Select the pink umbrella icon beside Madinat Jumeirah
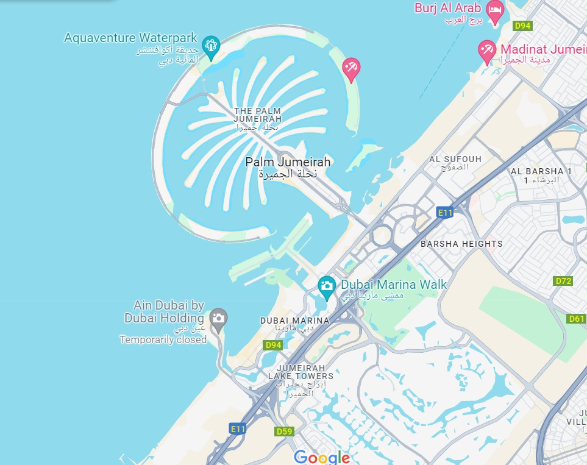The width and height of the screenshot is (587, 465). (x=487, y=51)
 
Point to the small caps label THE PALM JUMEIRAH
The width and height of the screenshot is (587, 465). (x=258, y=115)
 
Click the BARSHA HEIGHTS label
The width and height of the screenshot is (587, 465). (x=461, y=244)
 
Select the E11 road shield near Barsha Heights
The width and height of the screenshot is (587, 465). (x=445, y=212)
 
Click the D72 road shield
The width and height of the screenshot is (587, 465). (x=564, y=281)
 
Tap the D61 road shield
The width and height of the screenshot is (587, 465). (x=576, y=318)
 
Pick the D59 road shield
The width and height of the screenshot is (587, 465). (x=285, y=431)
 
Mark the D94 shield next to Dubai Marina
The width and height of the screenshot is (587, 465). (x=273, y=345)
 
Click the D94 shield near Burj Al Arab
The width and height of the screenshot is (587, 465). (x=522, y=26)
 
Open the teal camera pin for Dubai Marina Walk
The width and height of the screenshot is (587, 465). (x=327, y=286)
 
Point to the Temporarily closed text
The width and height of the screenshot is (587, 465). (x=163, y=339)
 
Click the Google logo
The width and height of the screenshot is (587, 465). (x=322, y=457)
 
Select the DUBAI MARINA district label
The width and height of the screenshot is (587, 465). (x=294, y=320)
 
